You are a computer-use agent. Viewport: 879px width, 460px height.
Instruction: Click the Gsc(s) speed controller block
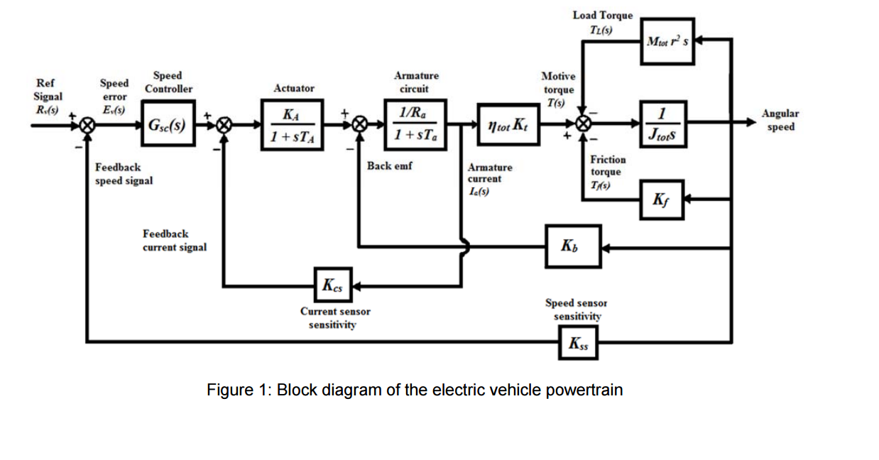(167, 125)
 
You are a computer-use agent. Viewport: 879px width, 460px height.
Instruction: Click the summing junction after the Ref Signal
(87, 125)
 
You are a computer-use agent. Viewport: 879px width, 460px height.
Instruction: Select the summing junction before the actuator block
(224, 125)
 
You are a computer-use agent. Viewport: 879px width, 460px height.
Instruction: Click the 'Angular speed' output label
(780, 120)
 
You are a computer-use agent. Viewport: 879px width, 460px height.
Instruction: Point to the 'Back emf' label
(389, 166)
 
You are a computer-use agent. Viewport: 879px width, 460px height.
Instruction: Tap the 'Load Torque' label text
(602, 15)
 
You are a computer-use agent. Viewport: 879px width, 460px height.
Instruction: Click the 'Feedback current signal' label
(175, 240)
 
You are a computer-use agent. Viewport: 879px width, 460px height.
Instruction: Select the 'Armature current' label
(489, 173)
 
